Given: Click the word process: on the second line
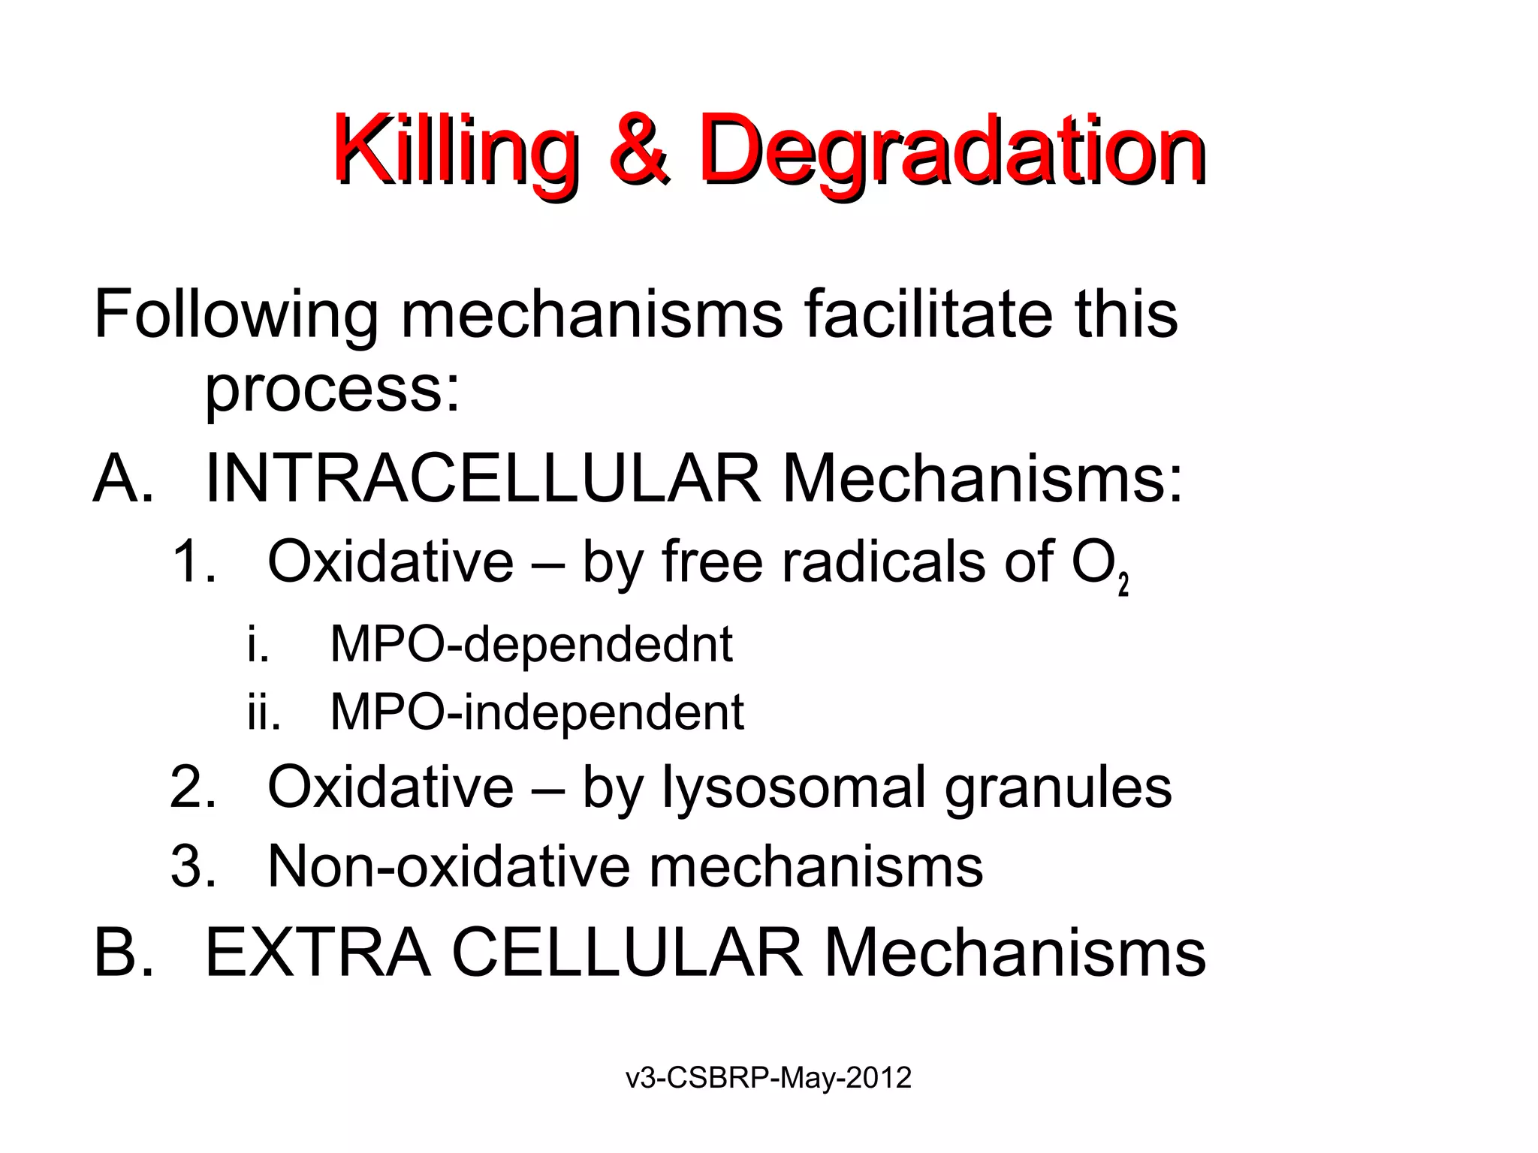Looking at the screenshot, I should (332, 390).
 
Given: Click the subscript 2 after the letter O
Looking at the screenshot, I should (1123, 584).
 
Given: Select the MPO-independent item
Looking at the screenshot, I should (537, 712).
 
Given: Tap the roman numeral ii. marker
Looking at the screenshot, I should (264, 712).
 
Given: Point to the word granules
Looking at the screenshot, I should (1057, 788).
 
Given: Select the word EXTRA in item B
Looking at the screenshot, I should (318, 953).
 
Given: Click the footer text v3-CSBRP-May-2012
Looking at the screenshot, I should (768, 1078).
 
